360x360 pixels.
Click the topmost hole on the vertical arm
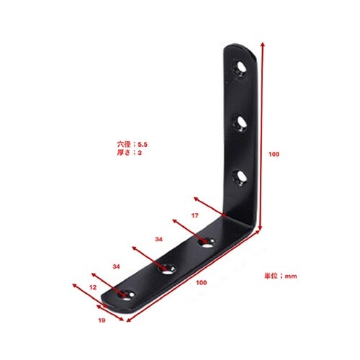point(240,68)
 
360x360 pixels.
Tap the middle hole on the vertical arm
point(240,123)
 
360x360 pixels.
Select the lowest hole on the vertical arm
point(240,179)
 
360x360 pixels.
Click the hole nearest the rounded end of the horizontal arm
point(127,294)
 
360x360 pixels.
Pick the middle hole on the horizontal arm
point(167,269)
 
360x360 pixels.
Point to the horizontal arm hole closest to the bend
point(207,243)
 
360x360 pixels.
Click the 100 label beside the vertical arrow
point(274,154)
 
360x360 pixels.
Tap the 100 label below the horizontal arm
point(201,282)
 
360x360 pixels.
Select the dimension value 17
point(194,215)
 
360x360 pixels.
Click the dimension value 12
point(93,287)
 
